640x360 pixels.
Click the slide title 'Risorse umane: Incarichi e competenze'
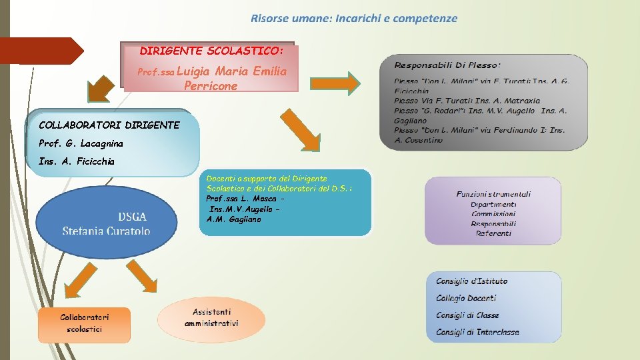[354, 19]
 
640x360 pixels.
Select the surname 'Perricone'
[211, 86]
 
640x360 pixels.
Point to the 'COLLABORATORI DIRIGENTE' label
[109, 125]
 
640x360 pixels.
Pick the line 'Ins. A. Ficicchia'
[77, 161]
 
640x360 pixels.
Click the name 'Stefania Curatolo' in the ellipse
[106, 231]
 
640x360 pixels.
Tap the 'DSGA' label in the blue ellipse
[132, 217]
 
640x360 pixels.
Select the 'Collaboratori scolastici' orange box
[85, 323]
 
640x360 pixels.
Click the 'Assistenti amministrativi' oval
[211, 317]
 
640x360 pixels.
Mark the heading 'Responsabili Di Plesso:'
[447, 65]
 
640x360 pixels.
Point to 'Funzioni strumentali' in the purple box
[493, 194]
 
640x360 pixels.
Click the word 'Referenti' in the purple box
[494, 233]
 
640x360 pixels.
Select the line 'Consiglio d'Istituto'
[471, 281]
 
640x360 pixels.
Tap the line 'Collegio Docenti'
[466, 298]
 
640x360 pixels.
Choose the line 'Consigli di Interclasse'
[477, 332]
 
